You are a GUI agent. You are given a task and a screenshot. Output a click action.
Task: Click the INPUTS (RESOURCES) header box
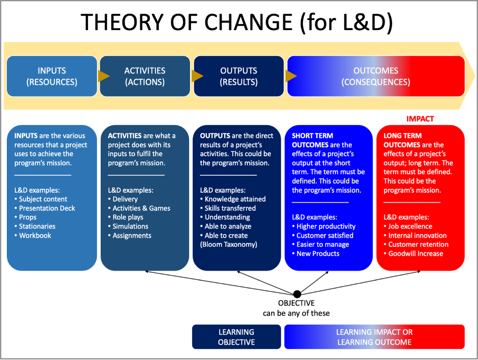tap(52, 77)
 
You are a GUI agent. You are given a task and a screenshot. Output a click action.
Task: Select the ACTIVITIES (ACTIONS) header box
tap(145, 77)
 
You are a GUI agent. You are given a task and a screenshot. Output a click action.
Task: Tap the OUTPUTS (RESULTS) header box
tap(238, 77)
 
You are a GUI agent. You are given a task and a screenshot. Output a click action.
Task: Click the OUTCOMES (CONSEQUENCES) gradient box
tap(375, 77)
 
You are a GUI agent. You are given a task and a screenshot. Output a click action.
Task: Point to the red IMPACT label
tap(420, 119)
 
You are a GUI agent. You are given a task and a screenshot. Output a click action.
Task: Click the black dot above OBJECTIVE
tap(297, 293)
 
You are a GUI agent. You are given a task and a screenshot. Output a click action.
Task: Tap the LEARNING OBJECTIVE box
tap(236, 337)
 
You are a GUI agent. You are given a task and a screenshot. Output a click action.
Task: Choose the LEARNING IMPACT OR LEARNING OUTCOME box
tap(374, 337)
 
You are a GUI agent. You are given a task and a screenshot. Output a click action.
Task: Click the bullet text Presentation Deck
tap(47, 208)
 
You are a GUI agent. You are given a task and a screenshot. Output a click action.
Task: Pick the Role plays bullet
tap(128, 217)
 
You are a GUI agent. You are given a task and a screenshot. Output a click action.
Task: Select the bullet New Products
tap(318, 253)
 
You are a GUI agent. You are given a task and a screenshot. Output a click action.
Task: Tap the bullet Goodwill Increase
tap(416, 253)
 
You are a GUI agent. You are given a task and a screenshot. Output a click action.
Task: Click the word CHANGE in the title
tap(242, 23)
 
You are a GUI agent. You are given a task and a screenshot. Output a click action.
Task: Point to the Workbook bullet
tap(35, 235)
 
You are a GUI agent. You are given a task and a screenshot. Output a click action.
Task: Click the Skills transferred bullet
tap(230, 208)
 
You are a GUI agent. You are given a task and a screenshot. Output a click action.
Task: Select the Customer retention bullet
tap(418, 244)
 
